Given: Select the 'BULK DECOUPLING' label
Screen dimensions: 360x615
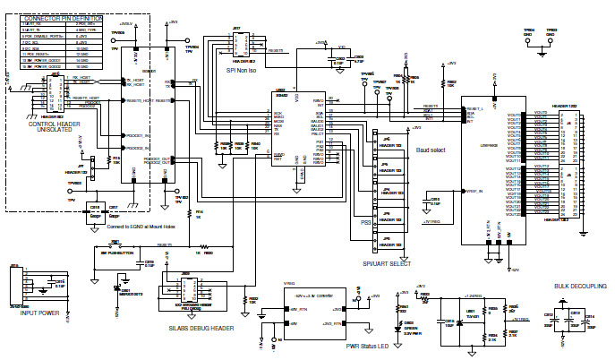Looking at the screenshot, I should pyautogui.click(x=580, y=286).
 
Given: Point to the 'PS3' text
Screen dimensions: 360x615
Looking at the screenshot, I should pyautogui.click(x=365, y=222).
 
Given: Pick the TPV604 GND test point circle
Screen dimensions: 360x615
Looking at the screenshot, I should pyautogui.click(x=529, y=39).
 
